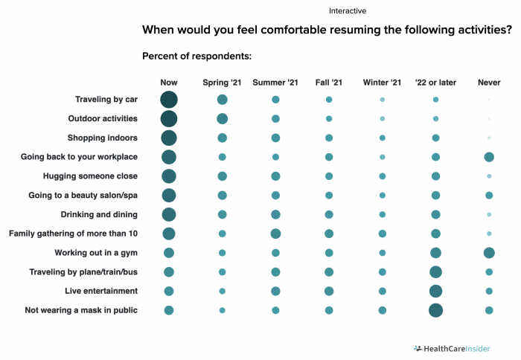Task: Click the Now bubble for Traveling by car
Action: [x=169, y=100]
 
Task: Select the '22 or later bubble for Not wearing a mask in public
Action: [x=436, y=310]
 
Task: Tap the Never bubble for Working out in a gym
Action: [x=489, y=253]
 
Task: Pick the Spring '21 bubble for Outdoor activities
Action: [x=222, y=119]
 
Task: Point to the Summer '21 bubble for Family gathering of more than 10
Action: [x=275, y=234]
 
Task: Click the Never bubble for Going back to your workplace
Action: [x=489, y=157]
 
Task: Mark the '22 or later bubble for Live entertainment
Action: [x=436, y=291]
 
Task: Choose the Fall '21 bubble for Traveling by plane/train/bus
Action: [x=329, y=272]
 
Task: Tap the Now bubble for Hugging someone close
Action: [x=169, y=176]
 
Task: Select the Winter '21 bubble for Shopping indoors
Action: [x=383, y=138]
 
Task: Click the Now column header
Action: [x=169, y=82]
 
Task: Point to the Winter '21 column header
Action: [x=382, y=82]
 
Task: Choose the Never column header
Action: [x=489, y=82]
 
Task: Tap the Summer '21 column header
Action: [x=275, y=82]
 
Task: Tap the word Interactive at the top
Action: [x=348, y=11]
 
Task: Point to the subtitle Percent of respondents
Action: [x=196, y=56]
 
